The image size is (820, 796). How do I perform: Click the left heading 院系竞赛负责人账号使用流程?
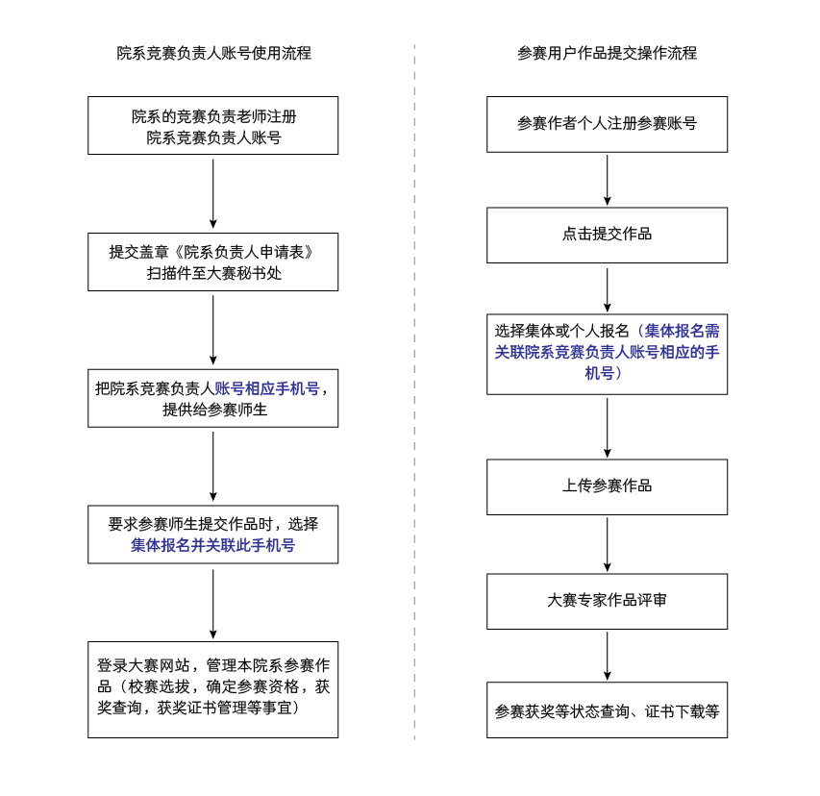(214, 53)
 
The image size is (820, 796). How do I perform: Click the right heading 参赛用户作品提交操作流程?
(607, 53)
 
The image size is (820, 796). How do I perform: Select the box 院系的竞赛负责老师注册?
(213, 126)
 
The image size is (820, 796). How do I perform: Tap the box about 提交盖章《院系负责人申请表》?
(213, 262)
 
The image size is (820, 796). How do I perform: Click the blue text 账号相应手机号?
(266, 388)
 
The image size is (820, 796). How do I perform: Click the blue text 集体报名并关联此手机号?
(213, 545)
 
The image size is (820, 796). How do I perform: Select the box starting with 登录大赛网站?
(213, 689)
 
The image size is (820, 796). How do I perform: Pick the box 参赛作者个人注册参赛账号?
(607, 124)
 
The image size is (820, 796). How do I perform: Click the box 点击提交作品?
(607, 235)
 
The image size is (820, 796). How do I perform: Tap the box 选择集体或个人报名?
(607, 352)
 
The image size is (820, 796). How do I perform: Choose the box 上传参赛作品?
(607, 486)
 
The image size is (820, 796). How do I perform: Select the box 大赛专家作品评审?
(607, 601)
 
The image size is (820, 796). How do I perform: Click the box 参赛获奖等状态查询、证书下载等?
(607, 710)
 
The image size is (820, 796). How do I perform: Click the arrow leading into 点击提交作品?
(607, 180)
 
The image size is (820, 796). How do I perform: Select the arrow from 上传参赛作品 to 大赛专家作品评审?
(607, 544)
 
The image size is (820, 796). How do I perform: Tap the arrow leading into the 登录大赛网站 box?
(213, 604)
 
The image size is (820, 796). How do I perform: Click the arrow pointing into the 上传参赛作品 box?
(607, 427)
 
